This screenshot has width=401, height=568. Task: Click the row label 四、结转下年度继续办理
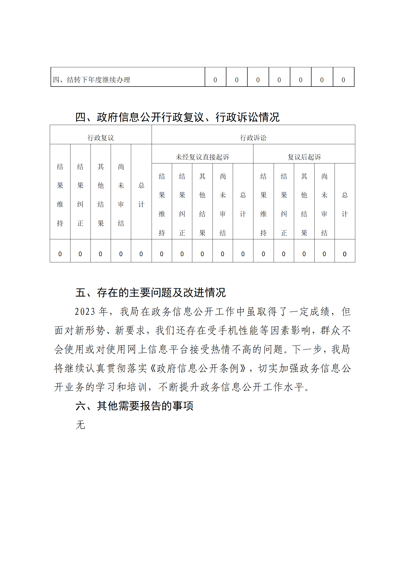(x=91, y=80)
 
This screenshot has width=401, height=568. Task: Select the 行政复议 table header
(x=101, y=138)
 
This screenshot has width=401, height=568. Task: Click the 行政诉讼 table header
(x=253, y=138)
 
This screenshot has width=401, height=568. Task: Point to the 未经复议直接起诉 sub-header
(x=202, y=157)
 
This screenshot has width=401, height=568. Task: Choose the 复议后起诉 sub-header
(x=304, y=157)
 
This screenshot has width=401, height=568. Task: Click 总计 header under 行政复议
(x=141, y=195)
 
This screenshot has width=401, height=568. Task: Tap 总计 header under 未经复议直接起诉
(x=243, y=204)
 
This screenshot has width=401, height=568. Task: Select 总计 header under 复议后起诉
(x=345, y=204)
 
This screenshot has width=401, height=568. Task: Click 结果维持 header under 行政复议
(x=60, y=195)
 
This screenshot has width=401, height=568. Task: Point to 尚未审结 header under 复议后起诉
(x=324, y=204)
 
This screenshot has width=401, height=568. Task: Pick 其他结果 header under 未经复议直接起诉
(x=202, y=204)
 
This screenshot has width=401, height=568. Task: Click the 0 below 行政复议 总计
(x=141, y=254)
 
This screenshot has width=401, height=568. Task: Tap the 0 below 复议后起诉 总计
(x=345, y=254)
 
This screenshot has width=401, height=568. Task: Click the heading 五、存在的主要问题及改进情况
(x=150, y=293)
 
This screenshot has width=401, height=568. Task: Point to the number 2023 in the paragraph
(x=85, y=312)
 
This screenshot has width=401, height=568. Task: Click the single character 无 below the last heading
(x=80, y=425)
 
